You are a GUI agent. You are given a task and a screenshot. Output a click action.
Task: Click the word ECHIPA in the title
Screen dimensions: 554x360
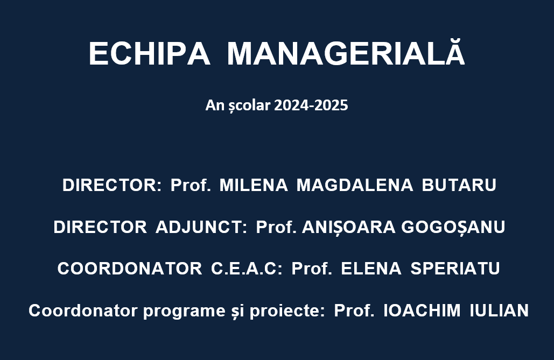coord(150,54)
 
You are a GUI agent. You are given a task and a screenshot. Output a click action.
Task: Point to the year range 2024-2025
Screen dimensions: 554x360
coord(311,105)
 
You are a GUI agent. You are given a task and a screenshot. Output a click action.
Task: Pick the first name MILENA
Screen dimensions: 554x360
coord(254,185)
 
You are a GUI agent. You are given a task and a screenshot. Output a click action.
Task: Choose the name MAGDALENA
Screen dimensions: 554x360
coord(355,185)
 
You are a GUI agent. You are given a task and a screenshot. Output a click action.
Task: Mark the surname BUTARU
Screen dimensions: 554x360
coord(459,185)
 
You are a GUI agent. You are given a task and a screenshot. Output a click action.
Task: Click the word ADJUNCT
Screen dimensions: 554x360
coord(201,227)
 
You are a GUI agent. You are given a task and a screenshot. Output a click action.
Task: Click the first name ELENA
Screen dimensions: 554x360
coord(371,269)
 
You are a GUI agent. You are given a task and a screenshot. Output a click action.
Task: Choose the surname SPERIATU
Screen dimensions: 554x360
coord(455,269)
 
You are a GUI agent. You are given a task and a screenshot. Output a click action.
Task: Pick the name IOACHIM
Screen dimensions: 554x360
coord(422,310)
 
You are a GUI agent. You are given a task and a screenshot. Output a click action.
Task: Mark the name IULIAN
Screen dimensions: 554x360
coord(499,310)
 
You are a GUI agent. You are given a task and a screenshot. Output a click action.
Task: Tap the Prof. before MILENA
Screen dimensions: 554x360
coord(191,185)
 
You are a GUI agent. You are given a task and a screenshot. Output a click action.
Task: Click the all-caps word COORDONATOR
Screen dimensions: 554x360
coord(130,269)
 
